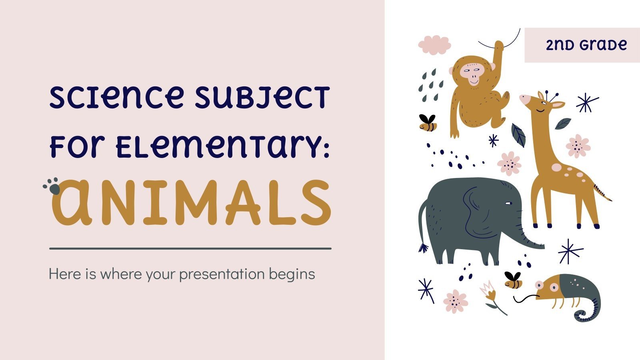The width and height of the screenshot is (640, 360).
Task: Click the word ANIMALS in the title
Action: (x=191, y=202)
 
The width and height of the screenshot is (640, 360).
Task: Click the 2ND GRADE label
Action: (x=586, y=45)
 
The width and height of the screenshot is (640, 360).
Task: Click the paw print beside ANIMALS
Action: (x=52, y=186)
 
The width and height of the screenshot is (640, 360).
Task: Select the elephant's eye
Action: (x=508, y=204)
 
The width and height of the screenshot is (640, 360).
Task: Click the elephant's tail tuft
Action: (x=424, y=248)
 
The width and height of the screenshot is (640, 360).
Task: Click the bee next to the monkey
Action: (x=428, y=123)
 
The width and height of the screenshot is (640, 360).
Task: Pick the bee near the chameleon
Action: (x=513, y=280)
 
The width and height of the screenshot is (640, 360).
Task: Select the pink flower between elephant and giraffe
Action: (x=510, y=163)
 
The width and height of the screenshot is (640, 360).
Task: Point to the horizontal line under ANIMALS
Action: (x=190, y=248)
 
